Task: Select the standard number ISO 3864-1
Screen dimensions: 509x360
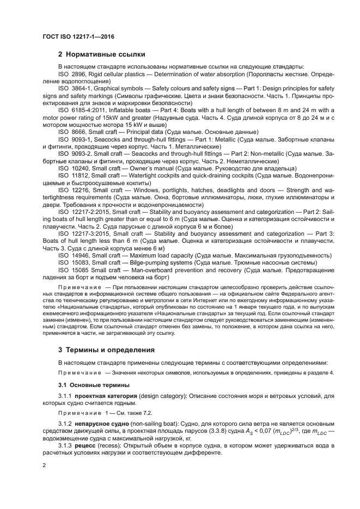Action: (75, 87)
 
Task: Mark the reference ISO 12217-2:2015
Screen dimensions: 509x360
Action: (83, 211)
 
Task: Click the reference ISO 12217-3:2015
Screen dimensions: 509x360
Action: (83, 233)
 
